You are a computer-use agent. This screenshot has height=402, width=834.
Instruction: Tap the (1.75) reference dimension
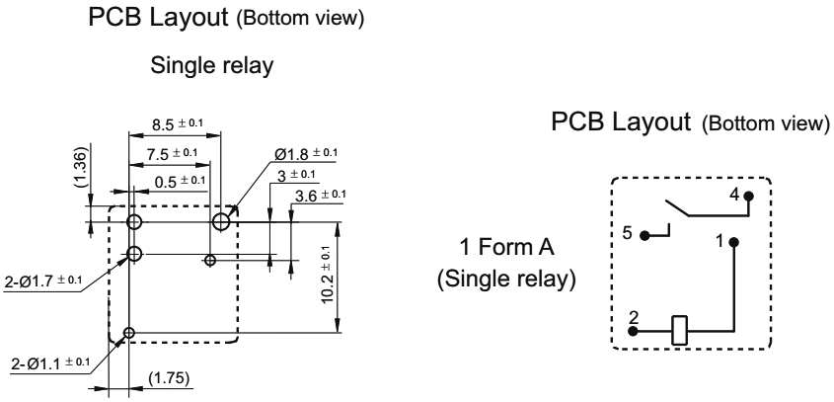[162, 378]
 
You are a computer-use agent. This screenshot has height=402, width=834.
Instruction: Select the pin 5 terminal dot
[644, 236]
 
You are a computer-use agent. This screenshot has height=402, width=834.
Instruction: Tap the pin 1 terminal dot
[733, 241]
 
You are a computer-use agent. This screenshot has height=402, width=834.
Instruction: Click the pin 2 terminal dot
[636, 330]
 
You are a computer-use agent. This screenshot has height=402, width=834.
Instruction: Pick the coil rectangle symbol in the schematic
[680, 329]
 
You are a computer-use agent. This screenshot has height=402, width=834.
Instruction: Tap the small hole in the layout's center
[209, 261]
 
